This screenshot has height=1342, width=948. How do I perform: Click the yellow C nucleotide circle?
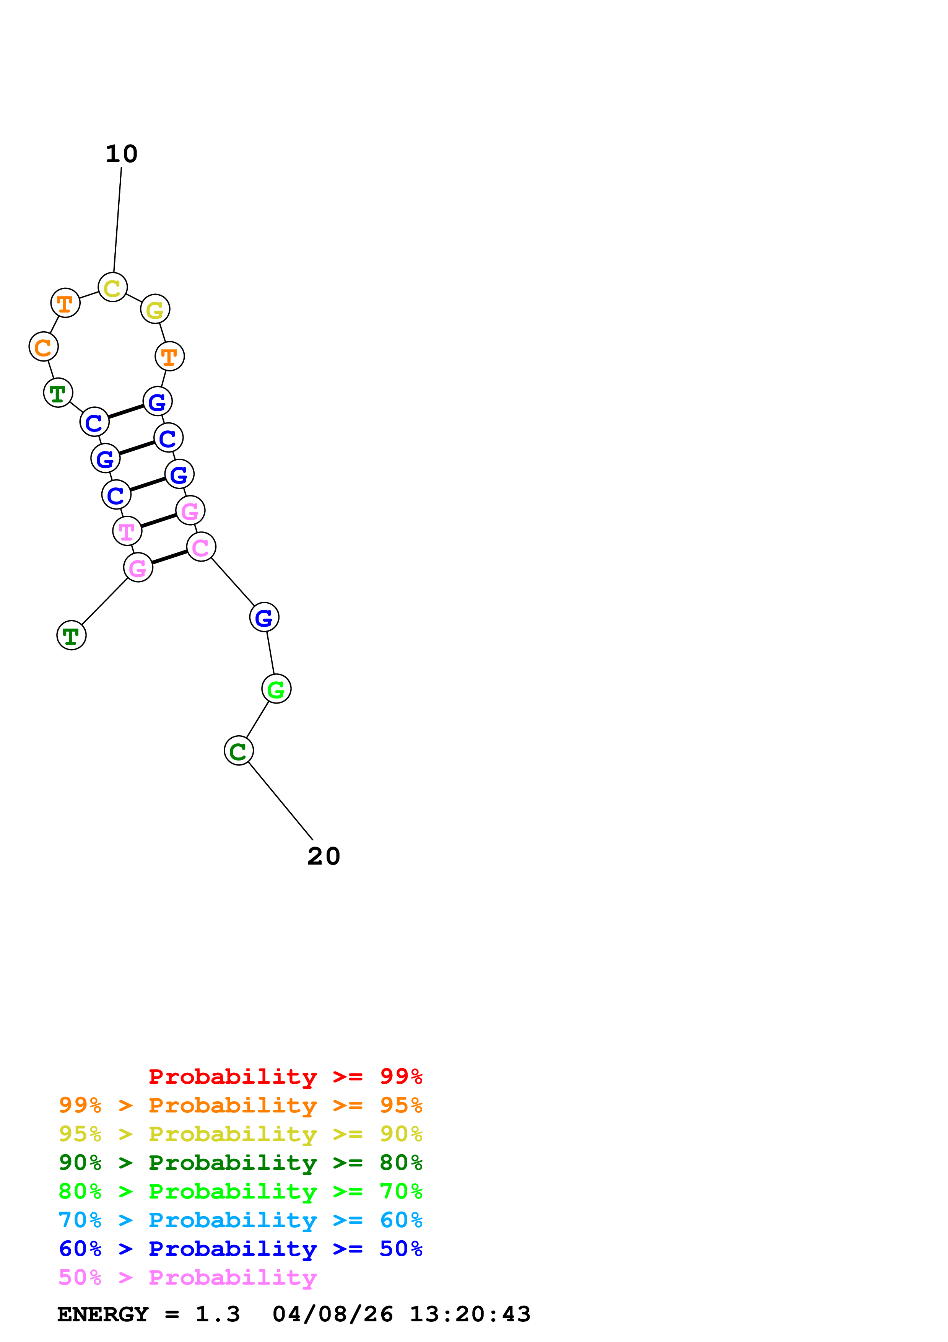[113, 287]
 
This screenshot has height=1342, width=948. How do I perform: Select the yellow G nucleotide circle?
[155, 309]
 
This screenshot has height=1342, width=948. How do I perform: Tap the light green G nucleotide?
[276, 689]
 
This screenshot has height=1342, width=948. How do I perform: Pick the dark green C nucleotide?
[238, 751]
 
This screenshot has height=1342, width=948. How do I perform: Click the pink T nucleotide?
[127, 531]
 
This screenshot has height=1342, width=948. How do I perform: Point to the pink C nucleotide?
[201, 547]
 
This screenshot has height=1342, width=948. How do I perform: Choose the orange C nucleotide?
[43, 347]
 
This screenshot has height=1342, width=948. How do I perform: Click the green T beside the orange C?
[58, 393]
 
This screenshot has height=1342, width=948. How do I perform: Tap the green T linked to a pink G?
[71, 635]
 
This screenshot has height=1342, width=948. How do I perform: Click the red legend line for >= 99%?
[285, 1076]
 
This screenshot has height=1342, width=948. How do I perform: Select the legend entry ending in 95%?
[241, 1105]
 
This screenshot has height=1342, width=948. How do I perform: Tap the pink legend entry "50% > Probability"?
[187, 1277]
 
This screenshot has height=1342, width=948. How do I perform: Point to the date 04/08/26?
[332, 1314]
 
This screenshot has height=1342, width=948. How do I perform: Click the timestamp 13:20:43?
[470, 1314]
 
